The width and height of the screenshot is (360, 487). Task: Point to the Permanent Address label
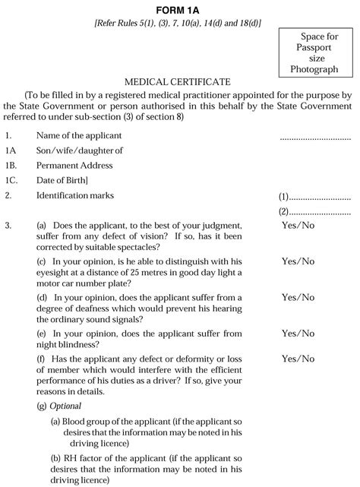click(x=74, y=165)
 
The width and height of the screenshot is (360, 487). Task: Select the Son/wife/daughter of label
click(x=79, y=150)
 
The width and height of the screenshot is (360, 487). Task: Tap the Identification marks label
click(x=75, y=195)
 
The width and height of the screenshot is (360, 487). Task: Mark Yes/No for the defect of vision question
click(x=298, y=226)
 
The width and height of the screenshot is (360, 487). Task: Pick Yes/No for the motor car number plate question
click(x=298, y=261)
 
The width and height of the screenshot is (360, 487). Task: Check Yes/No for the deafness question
click(x=298, y=297)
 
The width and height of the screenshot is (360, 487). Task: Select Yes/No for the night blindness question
click(x=298, y=333)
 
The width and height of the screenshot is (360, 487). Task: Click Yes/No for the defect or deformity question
click(x=298, y=358)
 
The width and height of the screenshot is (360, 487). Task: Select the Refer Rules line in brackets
click(x=177, y=24)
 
